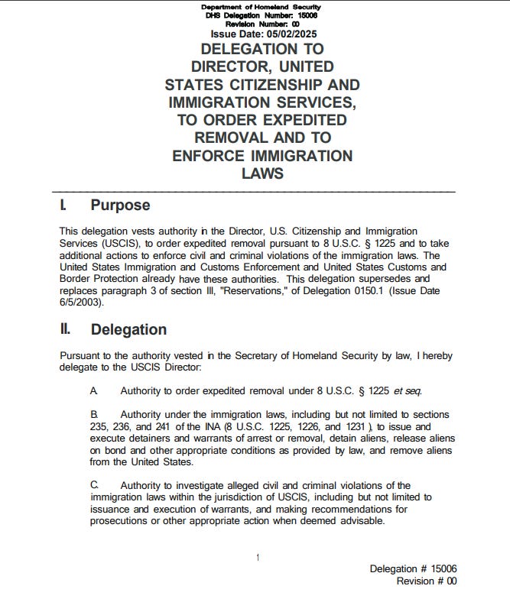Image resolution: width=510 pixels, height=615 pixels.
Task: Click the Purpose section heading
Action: pyautogui.click(x=120, y=206)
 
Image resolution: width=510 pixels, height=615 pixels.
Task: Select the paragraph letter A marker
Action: pyautogui.click(x=93, y=391)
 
